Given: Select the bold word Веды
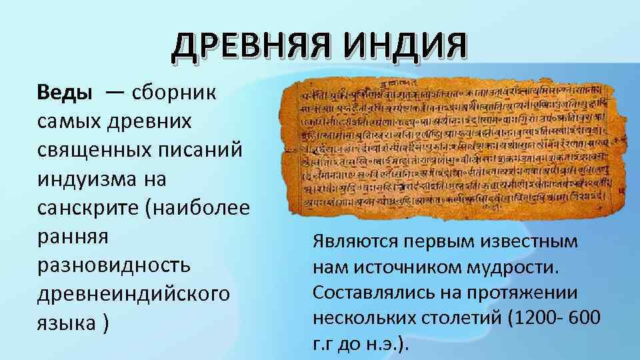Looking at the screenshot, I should point(65,92).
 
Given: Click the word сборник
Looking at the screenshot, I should point(174,92).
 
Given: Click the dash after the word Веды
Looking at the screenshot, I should point(113,92).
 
